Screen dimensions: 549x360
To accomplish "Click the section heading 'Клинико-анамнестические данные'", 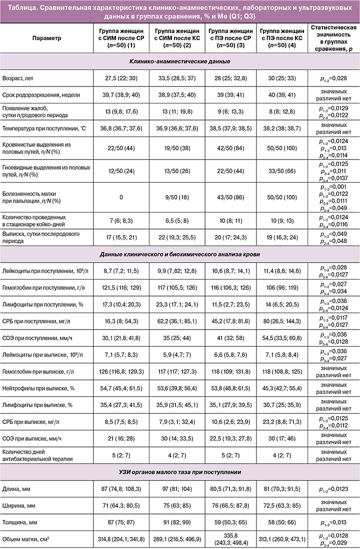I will coord(179,62).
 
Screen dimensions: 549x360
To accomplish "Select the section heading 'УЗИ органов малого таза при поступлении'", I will coord(179,472).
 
